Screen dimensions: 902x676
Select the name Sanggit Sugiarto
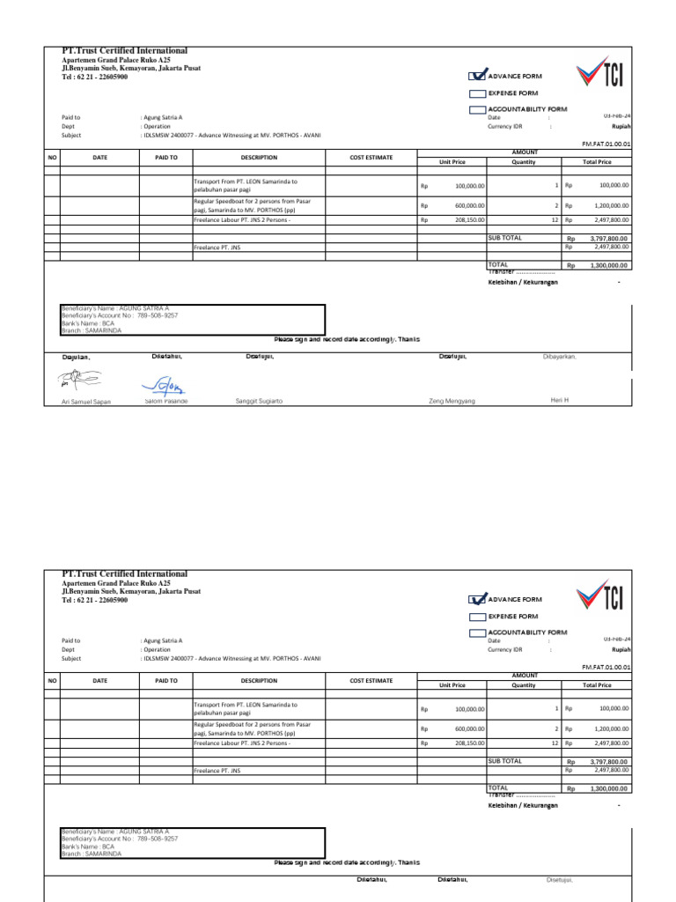pos(259,401)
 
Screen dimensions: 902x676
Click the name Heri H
pos(560,400)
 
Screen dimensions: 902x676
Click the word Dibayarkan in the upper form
pos(559,357)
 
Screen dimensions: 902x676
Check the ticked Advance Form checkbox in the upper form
pos(477,76)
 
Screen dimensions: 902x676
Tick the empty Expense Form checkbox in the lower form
pos(477,616)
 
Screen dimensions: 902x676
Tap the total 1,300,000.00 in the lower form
pos(607,789)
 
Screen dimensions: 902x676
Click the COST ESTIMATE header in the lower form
pos(371,681)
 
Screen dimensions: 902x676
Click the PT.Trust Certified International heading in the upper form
pos(124,51)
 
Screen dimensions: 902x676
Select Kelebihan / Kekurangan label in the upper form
pos(523,282)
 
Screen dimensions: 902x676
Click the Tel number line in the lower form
pos(94,601)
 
